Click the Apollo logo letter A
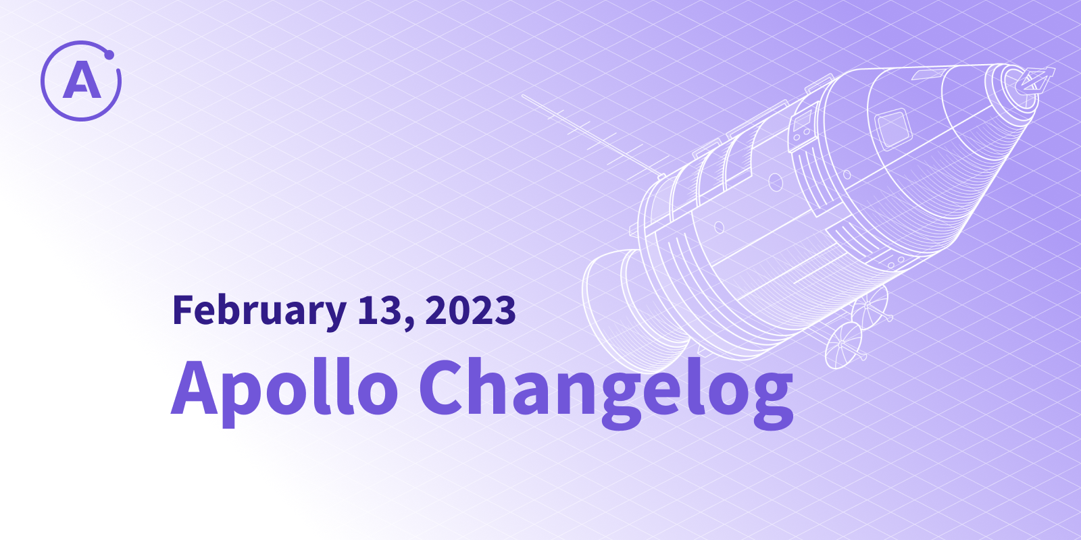(82, 80)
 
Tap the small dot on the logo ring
(109, 55)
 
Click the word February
(259, 311)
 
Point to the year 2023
(470, 310)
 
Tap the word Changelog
(606, 394)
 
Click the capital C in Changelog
(443, 387)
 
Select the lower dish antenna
(844, 346)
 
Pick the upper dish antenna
(870, 306)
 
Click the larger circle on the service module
(776, 182)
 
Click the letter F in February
(184, 310)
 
